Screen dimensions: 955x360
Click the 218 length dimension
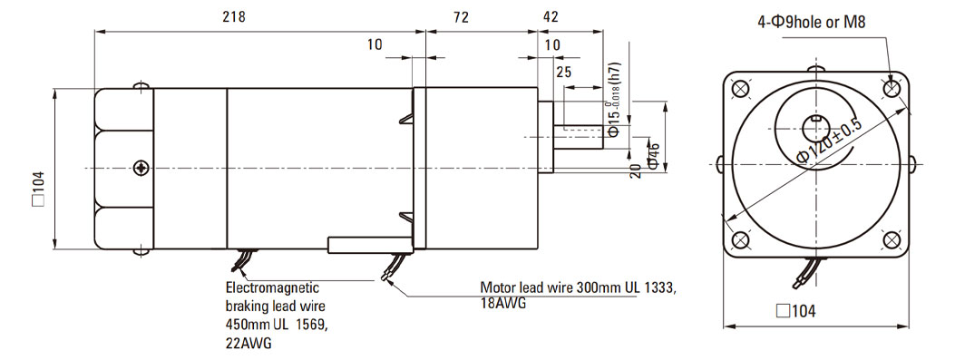point(234,17)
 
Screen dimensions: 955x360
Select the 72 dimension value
point(461,17)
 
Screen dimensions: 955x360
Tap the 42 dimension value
point(551,17)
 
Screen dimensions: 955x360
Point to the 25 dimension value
point(564,73)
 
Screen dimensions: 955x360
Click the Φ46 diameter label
point(654,156)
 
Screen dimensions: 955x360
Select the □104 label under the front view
point(795,311)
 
